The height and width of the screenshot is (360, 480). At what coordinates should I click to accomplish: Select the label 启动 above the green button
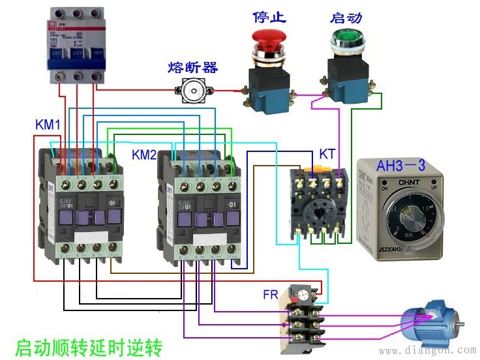coord(345,18)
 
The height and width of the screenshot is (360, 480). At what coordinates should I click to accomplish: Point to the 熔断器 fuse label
coord(192,67)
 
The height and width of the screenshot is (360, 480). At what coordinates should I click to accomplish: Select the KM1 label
coord(48,125)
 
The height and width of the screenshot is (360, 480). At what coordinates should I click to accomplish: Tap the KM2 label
coord(145,155)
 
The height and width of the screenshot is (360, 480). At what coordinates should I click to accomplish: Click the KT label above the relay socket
coord(327,155)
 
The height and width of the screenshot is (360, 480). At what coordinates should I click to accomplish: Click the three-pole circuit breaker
coord(76,46)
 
